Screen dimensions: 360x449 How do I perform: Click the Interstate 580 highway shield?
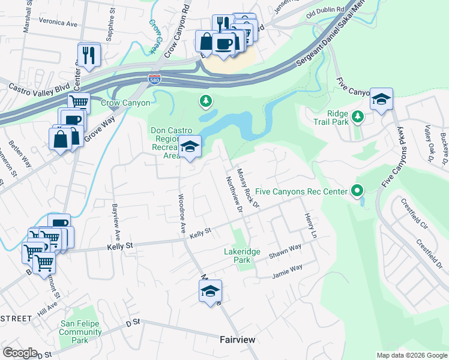(154, 79)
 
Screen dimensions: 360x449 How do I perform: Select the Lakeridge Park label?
(242, 256)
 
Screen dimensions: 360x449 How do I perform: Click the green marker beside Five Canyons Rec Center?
(357, 191)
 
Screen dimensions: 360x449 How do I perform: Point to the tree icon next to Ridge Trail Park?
(358, 116)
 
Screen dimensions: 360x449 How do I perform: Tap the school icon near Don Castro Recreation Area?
(190, 148)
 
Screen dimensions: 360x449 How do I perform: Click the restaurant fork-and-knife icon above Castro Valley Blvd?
(89, 55)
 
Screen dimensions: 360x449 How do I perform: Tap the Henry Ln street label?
(309, 226)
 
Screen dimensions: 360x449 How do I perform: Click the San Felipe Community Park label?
(80, 332)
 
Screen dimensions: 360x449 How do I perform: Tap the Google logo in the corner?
(20, 353)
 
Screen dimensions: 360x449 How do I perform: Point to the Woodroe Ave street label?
(181, 214)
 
